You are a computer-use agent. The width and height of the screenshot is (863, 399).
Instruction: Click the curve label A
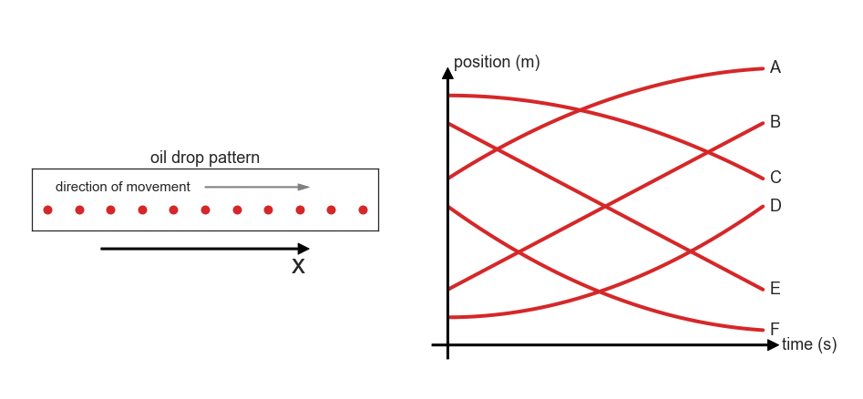coord(775,67)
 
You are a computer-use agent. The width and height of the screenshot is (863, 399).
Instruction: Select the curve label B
coord(775,122)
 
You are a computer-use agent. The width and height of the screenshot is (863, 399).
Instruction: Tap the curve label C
coord(775,178)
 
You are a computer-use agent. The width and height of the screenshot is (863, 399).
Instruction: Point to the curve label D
coord(775,205)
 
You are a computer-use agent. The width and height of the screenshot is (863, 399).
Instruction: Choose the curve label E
coord(775,288)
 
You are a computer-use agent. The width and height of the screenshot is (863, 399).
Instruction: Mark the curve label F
coord(775,329)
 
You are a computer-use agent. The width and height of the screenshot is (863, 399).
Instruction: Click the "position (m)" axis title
coord(497,62)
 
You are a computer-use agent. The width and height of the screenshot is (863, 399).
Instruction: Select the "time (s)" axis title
coord(809,344)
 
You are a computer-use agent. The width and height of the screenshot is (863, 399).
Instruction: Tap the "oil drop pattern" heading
coord(205,158)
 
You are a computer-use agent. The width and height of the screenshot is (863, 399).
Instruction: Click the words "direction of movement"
coord(123,187)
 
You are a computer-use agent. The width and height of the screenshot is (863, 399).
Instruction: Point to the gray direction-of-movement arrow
coord(257,187)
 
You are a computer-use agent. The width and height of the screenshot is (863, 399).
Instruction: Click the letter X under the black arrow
coord(298,266)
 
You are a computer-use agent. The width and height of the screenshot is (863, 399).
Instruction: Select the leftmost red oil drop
coord(48,210)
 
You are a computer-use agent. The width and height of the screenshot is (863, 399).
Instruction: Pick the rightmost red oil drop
coord(363,210)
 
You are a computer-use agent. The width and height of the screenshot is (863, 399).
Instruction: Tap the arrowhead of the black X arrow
coord(303,249)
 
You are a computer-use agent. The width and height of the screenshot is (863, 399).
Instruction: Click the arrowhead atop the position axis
coord(447,73)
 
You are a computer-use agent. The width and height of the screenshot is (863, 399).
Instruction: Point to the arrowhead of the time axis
coord(774,345)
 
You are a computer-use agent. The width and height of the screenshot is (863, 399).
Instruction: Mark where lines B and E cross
coord(605,207)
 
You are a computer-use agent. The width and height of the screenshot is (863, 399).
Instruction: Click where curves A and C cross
coord(580,110)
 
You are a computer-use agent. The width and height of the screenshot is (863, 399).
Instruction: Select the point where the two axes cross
coord(447,345)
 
